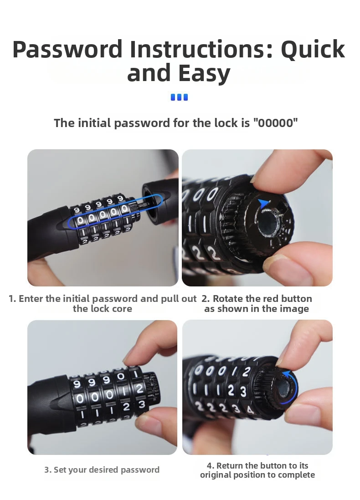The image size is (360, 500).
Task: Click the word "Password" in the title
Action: pos(67,49)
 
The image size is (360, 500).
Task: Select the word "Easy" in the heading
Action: pos(205,73)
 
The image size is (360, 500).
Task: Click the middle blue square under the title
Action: pos(179,97)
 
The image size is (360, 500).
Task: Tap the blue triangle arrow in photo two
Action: pos(263,203)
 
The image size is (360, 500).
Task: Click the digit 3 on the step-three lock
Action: pos(141,404)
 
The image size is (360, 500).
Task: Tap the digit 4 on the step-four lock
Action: pos(250,409)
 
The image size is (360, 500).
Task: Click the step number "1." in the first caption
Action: pos(12,299)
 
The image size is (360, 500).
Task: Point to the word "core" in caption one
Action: pos(123,309)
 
